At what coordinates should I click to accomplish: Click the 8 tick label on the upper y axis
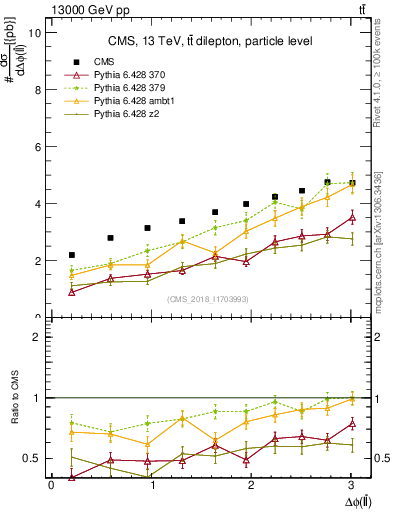[36, 89]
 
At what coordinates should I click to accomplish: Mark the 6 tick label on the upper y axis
[36, 146]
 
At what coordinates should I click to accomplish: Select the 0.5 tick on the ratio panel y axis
[31, 458]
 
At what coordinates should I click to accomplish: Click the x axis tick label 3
[354, 486]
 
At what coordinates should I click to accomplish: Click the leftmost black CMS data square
[71, 255]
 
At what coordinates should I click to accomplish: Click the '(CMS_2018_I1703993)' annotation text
[211, 299]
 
